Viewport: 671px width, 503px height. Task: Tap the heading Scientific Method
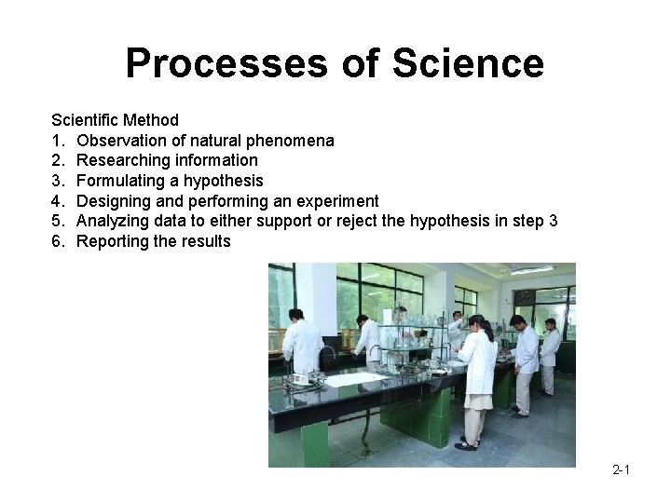(115, 120)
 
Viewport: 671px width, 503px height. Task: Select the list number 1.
(57, 141)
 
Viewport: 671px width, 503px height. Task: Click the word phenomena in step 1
(290, 141)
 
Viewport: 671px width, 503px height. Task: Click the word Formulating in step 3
(118, 181)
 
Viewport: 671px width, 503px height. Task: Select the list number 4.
(57, 201)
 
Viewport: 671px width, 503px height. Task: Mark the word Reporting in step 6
(112, 241)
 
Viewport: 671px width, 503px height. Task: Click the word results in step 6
(205, 241)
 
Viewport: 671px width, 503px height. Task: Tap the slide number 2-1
(621, 469)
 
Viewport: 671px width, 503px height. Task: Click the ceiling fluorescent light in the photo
(531, 271)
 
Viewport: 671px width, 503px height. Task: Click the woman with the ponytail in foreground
(476, 378)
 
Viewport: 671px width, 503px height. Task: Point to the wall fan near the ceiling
(525, 298)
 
